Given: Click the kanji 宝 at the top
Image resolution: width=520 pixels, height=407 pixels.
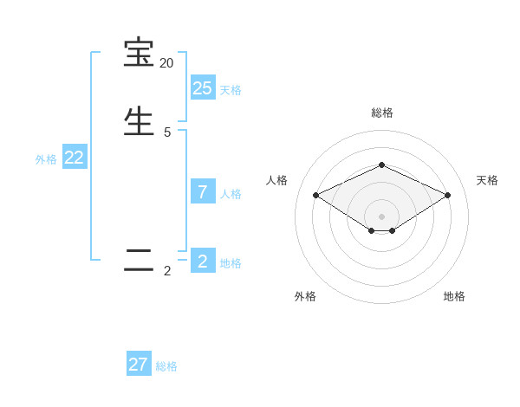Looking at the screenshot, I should (139, 54).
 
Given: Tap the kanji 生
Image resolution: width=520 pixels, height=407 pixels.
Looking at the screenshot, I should (139, 120).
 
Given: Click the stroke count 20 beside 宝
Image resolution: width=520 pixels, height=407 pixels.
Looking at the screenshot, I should (166, 63).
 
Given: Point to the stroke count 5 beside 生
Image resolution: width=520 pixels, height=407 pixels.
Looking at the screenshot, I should (167, 132).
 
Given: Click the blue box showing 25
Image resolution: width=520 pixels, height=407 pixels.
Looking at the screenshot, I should (203, 87).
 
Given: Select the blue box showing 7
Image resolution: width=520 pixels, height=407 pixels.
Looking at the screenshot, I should (203, 192).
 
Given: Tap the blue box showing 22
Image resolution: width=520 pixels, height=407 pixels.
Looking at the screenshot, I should (74, 158).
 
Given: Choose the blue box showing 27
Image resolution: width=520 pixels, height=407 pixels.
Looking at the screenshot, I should (139, 365).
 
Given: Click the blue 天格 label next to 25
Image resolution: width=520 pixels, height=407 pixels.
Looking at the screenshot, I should (231, 90).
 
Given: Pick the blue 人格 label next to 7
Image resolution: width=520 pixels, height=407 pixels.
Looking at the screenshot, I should (231, 194).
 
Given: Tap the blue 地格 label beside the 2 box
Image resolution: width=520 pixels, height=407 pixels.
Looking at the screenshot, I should (231, 263).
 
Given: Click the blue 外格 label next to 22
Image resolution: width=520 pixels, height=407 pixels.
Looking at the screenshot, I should (46, 159).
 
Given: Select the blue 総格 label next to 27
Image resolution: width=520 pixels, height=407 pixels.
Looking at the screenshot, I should (166, 366).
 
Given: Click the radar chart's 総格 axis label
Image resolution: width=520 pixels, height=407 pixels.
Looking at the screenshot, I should (381, 113).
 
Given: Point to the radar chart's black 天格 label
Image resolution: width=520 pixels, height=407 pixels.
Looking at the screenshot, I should (487, 180).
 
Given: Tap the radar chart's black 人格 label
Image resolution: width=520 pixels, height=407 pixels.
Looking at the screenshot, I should (277, 180).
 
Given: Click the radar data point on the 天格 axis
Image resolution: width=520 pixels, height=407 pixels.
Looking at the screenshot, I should (447, 195).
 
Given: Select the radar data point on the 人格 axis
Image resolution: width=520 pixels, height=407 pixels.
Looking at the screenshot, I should (316, 195).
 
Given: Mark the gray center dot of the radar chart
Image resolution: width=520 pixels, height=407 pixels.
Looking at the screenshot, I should (381, 216).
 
